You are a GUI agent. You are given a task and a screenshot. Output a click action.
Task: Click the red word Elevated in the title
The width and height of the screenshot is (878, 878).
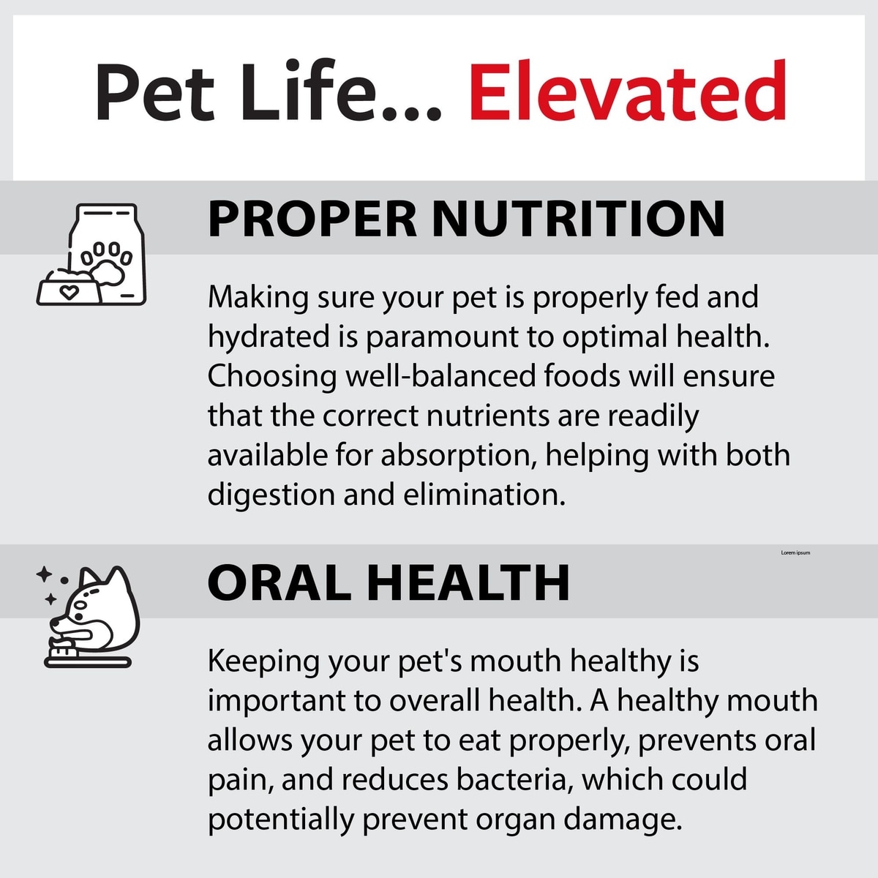(x=627, y=90)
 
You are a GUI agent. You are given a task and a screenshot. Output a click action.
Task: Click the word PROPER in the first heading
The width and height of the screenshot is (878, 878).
(x=312, y=219)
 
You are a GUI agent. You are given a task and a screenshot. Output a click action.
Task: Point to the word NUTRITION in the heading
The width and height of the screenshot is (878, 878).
(x=578, y=219)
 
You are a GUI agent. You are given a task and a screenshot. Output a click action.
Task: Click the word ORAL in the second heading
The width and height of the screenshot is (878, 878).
(x=279, y=582)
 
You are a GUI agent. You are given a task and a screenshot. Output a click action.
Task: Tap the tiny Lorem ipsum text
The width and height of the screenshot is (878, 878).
(x=795, y=552)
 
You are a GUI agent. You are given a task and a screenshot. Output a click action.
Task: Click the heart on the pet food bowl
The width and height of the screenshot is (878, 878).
(x=69, y=292)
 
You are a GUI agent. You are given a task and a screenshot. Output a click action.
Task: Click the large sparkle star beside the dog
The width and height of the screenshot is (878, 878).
(x=44, y=574)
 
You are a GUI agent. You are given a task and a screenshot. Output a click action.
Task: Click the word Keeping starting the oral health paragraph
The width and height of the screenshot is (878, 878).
(x=264, y=663)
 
